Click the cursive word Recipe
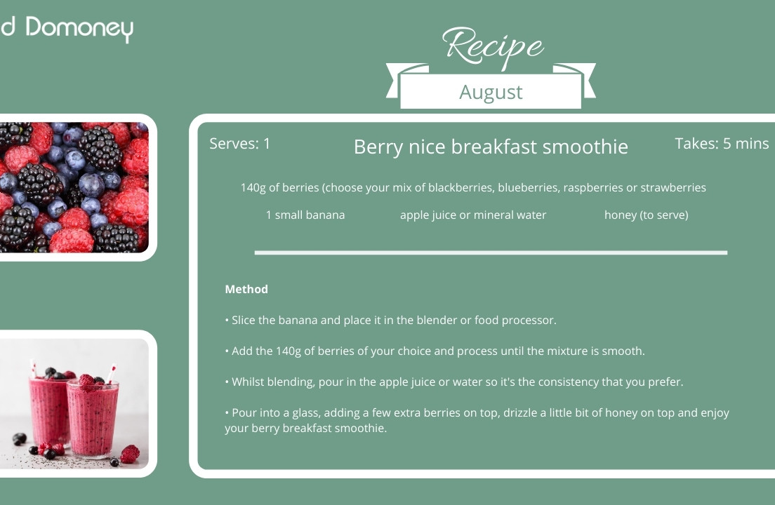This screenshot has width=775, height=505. click(493, 46)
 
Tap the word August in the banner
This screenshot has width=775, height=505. click(491, 93)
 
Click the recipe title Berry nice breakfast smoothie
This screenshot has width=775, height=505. click(491, 147)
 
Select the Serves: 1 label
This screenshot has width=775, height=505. click(239, 144)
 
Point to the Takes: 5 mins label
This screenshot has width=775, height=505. click(722, 144)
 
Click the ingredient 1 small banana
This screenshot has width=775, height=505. click(305, 215)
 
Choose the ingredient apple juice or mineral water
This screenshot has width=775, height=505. click(473, 215)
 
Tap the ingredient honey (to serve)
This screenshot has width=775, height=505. click(646, 215)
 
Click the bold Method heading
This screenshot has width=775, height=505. click(246, 289)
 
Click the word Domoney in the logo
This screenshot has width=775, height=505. click(79, 29)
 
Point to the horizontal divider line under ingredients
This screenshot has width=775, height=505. click(491, 252)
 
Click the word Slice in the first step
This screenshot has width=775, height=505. click(243, 320)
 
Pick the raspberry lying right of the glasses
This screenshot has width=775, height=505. click(130, 454)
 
